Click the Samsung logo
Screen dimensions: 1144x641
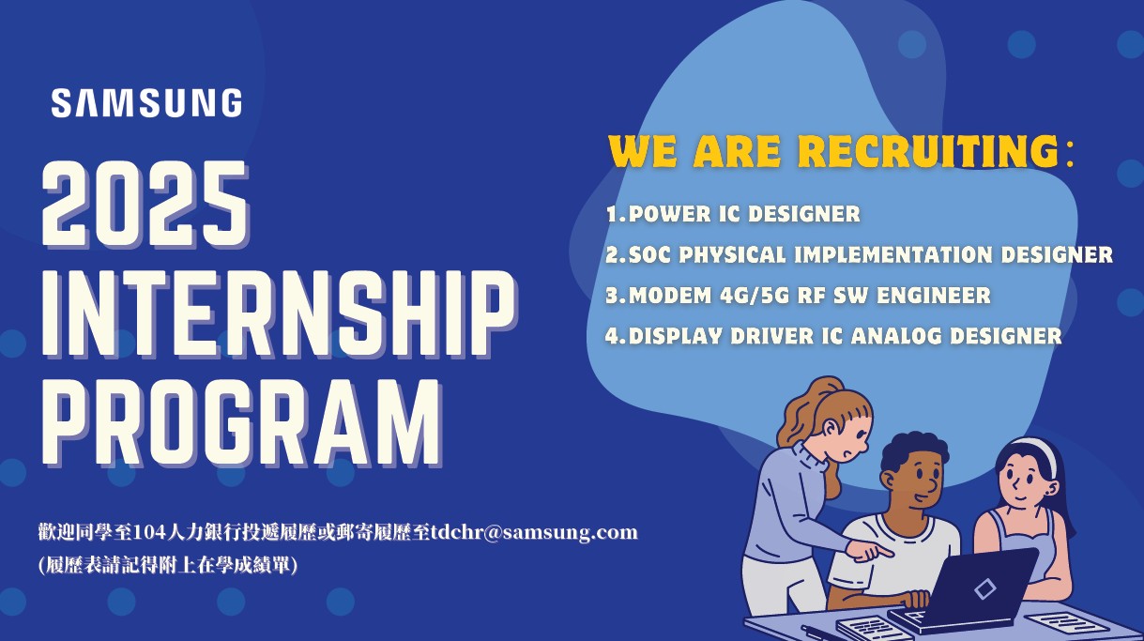[146, 102]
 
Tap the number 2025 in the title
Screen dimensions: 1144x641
[145, 205]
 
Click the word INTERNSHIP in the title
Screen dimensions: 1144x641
[279, 314]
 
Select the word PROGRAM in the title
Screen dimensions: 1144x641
[241, 423]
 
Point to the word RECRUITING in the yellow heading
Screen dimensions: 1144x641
[928, 151]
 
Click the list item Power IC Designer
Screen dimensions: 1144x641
[733, 213]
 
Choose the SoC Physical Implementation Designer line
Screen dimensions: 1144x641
[859, 254]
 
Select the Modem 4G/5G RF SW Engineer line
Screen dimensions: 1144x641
[799, 296]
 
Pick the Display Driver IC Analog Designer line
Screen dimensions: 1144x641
[833, 336]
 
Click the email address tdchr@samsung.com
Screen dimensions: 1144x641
[534, 532]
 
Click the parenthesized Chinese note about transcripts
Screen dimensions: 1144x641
[168, 565]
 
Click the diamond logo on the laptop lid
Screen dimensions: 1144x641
[984, 588]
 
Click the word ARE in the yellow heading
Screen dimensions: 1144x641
[737, 151]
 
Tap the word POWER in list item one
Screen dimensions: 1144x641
[669, 213]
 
